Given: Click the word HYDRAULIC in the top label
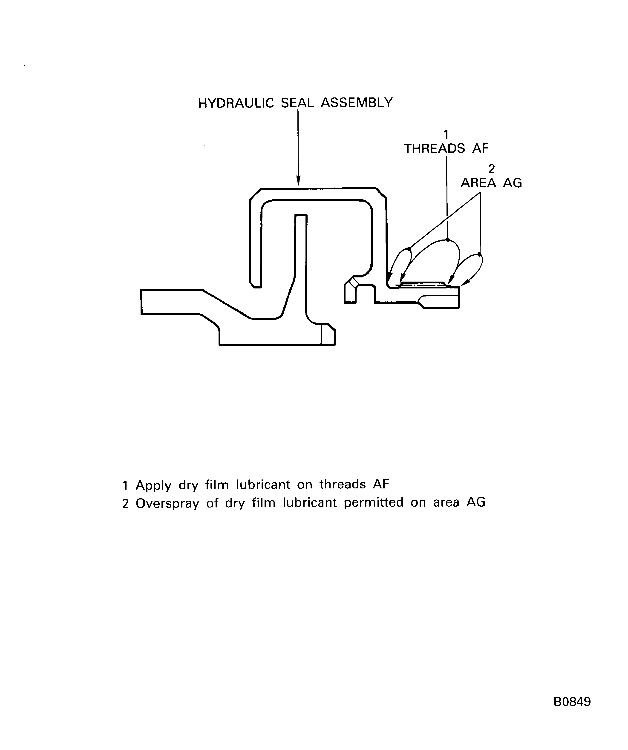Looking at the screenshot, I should click(x=236, y=103).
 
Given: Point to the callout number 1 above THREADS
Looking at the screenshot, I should click(x=446, y=135).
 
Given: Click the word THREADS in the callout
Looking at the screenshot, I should click(x=434, y=148).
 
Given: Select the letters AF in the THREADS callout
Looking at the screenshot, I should click(x=480, y=148).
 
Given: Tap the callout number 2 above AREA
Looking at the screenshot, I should click(x=491, y=169).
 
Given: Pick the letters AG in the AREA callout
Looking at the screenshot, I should click(x=513, y=183).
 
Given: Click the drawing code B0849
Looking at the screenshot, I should click(x=572, y=702).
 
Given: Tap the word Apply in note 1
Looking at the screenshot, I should click(x=153, y=485).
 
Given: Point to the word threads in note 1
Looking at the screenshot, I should click(x=343, y=485).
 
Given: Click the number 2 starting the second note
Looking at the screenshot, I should click(x=125, y=504).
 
